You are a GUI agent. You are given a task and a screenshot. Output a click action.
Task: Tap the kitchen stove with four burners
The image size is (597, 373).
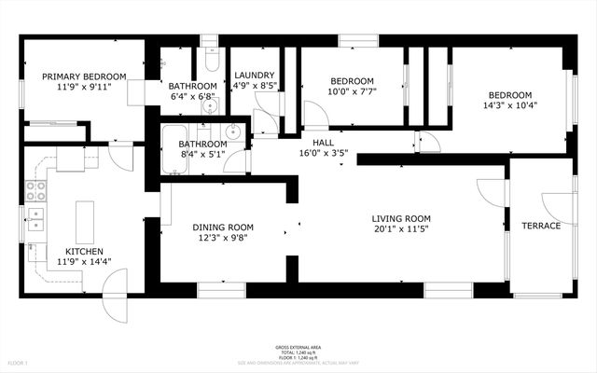tap(36, 191)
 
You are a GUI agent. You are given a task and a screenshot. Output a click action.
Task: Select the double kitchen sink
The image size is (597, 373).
tap(35, 220)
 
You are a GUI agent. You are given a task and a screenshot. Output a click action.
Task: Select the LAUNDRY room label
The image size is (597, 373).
tap(254, 76)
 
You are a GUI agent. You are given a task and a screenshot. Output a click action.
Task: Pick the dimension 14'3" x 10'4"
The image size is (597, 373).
tap(510, 107)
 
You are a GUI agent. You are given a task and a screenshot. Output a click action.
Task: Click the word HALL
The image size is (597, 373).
tap(323, 143)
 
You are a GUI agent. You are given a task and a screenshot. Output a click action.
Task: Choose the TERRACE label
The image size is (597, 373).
tap(541, 227)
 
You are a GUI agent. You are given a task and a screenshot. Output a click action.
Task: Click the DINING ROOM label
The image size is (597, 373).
tap(223, 227)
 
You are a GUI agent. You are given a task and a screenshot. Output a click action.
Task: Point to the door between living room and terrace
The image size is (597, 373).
tap(489, 194)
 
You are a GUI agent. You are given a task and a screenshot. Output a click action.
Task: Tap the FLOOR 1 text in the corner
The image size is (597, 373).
tap(18, 362)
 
